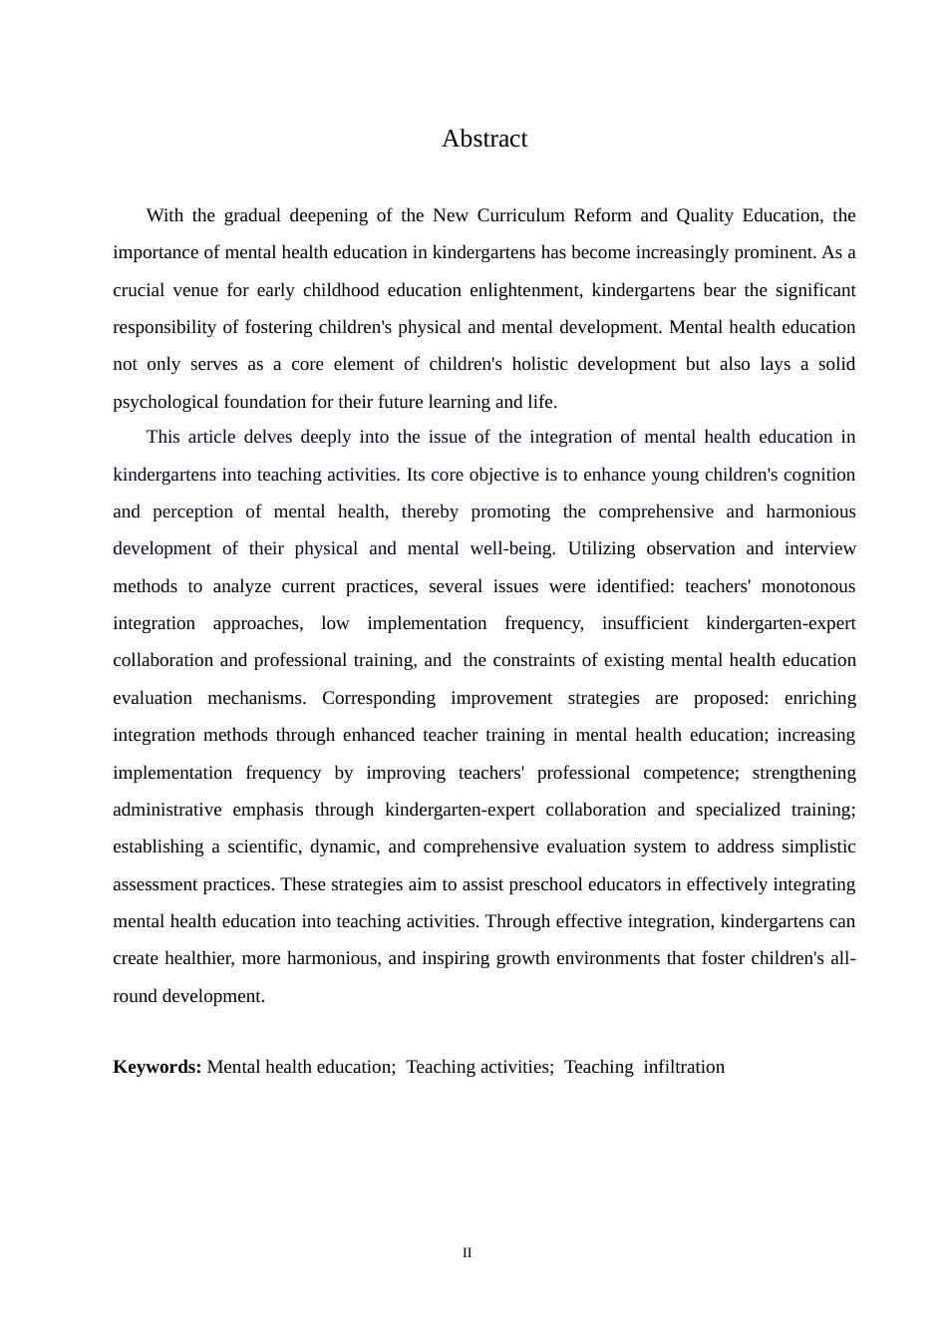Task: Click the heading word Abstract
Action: click(x=484, y=139)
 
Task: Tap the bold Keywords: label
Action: click(x=158, y=1067)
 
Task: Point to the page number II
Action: click(x=467, y=1253)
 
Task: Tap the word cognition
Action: click(x=815, y=475)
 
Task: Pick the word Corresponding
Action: click(x=379, y=698)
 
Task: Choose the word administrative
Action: click(x=167, y=810)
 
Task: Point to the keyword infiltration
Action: click(x=684, y=1067)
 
